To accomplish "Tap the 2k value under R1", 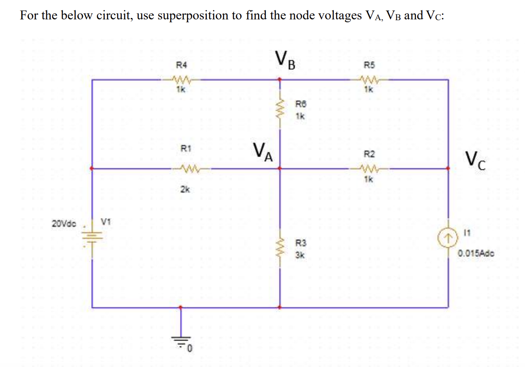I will click(185, 190).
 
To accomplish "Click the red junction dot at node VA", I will click(280, 168).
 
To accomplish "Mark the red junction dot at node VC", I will click(448, 168).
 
